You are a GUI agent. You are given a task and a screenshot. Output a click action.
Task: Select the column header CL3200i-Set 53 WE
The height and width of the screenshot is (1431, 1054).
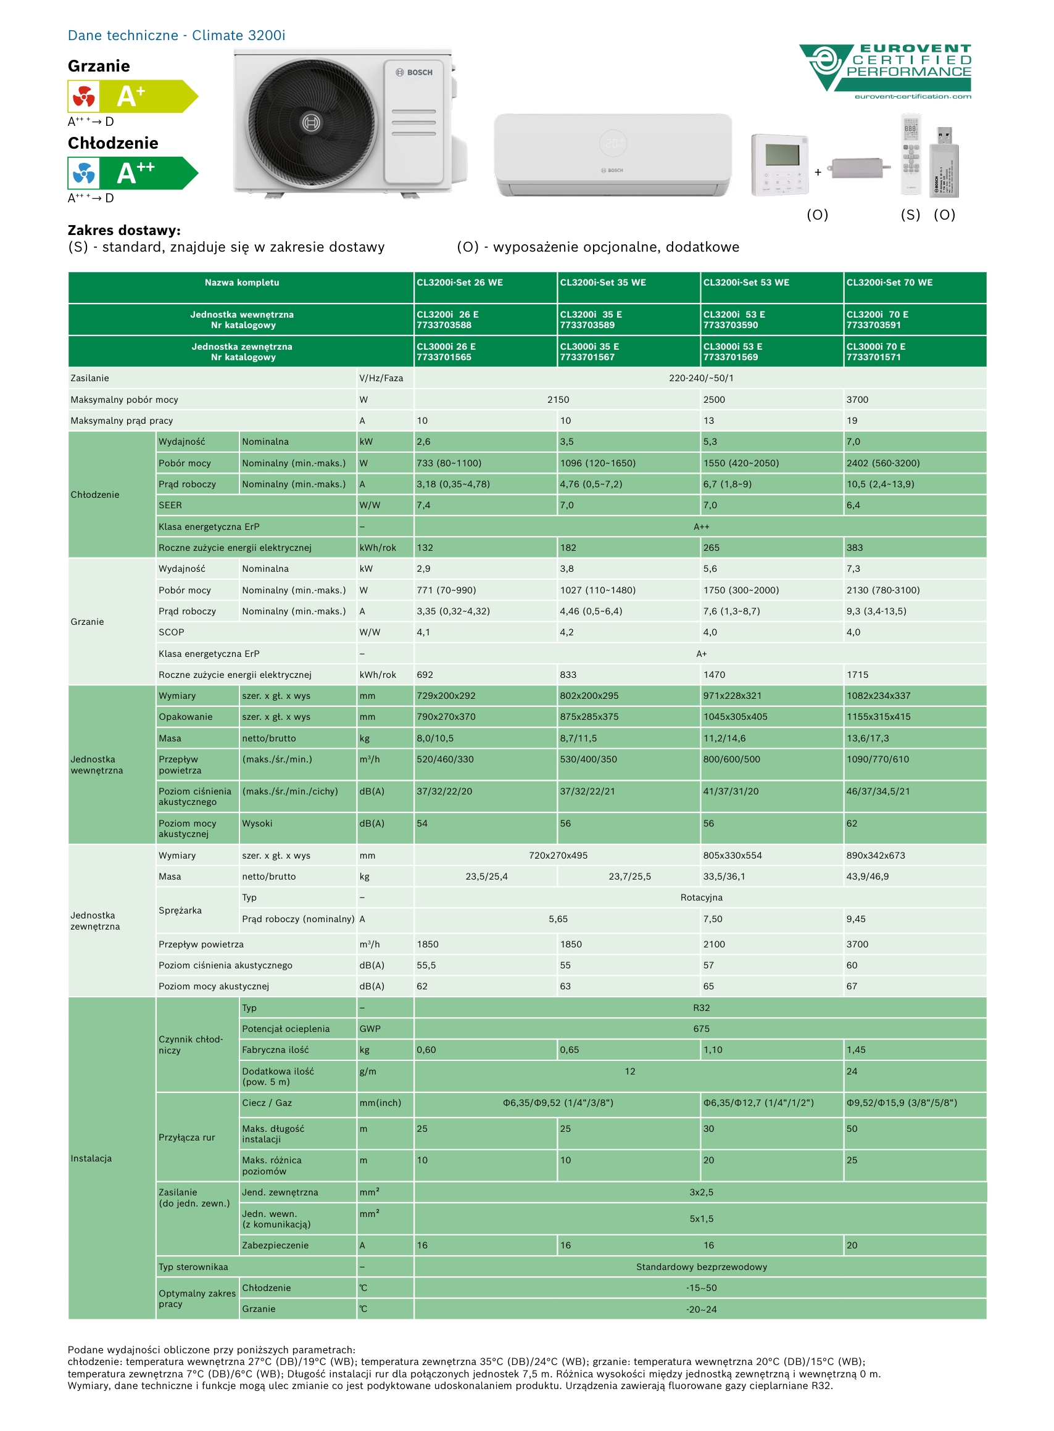point(746,282)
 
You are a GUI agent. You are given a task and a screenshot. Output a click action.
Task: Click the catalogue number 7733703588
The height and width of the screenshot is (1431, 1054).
point(444,325)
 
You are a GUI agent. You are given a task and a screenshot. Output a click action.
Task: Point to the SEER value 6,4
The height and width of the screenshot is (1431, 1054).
point(853,505)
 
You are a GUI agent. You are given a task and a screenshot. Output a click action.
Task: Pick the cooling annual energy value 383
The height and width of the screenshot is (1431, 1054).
point(854,548)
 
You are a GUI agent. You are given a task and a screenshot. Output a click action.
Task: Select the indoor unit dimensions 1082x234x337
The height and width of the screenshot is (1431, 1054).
point(878,696)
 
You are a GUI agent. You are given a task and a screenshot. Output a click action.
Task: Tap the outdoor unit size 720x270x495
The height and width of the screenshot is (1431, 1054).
point(558,855)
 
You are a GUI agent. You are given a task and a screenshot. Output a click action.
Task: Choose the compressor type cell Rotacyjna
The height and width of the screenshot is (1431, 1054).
point(701,897)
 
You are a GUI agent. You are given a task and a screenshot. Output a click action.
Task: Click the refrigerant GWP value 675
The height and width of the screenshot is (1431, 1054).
point(701,1029)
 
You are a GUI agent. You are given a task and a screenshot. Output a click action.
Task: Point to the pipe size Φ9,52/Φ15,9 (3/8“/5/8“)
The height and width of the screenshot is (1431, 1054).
point(902,1103)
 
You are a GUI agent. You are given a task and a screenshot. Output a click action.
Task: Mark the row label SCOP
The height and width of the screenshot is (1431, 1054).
point(171,632)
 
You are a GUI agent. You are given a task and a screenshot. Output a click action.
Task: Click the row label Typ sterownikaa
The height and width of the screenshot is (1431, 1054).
point(193,1266)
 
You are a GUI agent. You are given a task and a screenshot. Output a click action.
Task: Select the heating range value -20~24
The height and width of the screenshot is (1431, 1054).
point(701,1309)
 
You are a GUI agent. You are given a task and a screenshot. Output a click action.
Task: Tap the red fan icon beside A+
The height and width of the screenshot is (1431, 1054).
point(83,97)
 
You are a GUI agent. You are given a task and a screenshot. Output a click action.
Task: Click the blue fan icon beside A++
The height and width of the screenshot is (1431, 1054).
point(83,173)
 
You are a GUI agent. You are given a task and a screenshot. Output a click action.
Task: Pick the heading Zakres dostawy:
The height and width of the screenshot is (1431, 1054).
point(124,230)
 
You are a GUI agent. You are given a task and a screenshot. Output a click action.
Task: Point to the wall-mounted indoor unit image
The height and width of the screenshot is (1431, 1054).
point(613,155)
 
